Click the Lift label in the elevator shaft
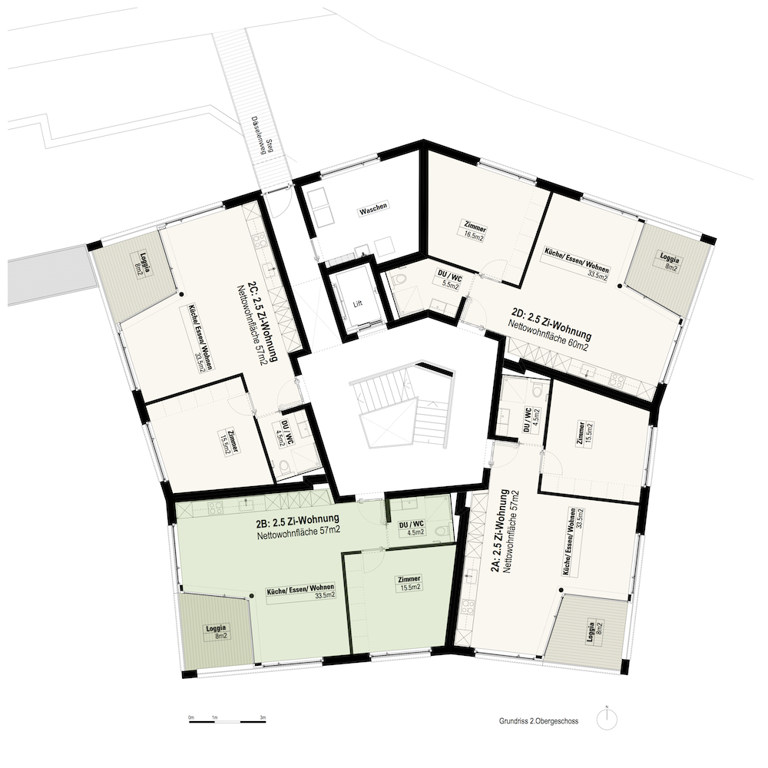pyautogui.click(x=358, y=303)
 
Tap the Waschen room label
pyautogui.click(x=373, y=209)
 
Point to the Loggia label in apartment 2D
pyautogui.click(x=668, y=262)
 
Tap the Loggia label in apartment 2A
pyautogui.click(x=594, y=632)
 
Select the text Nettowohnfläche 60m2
pyautogui.click(x=547, y=336)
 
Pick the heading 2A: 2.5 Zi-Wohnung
pyautogui.click(x=500, y=531)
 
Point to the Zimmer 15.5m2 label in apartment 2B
pyautogui.click(x=409, y=584)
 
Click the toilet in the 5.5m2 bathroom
pyautogui.click(x=399, y=280)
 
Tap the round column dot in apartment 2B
pyautogui.click(x=252, y=595)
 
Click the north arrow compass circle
pyautogui.click(x=607, y=720)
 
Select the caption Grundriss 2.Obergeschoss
pyautogui.click(x=539, y=721)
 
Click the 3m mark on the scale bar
pyautogui.click(x=263, y=717)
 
